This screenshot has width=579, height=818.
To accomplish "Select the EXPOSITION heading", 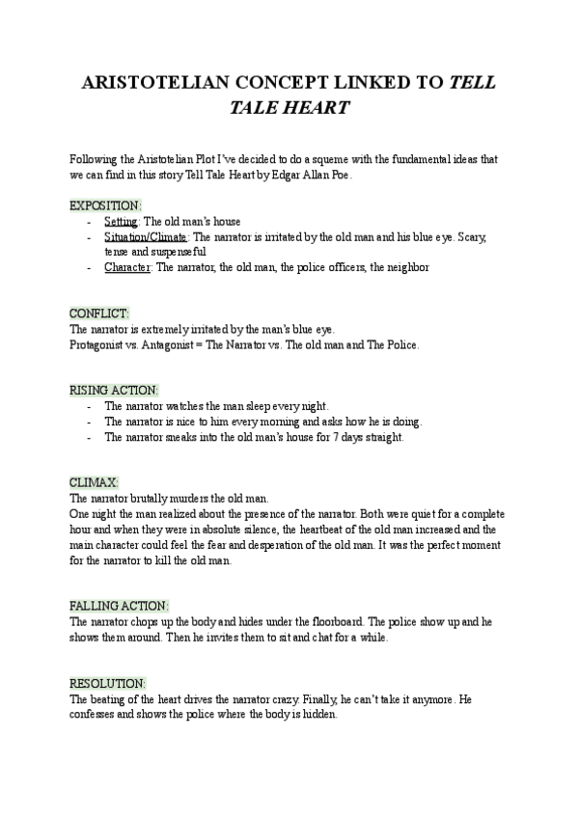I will tap(105, 205).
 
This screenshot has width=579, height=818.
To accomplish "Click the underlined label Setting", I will tap(122, 221).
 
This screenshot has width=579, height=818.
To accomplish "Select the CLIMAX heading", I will tap(95, 482).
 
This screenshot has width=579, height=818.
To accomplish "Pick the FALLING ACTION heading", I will tap(119, 605).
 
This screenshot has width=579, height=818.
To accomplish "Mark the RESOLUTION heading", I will tap(107, 682).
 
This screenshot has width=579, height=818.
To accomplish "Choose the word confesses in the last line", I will tap(96, 714).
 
